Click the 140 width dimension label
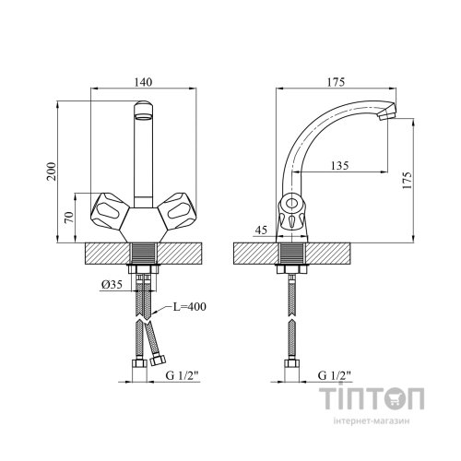(x=143, y=82)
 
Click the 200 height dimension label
(x=52, y=171)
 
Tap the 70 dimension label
(x=70, y=218)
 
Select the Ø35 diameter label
(x=112, y=285)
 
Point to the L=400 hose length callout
(x=189, y=306)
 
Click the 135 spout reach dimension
(x=340, y=166)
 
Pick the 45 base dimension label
(x=261, y=230)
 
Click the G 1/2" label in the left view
(x=183, y=375)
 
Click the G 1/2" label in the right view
(x=335, y=375)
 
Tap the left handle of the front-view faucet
(x=109, y=210)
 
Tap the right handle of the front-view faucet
(x=177, y=210)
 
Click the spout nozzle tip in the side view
(x=387, y=112)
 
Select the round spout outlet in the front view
(x=143, y=117)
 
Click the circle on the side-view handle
(x=291, y=204)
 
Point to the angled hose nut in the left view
(x=159, y=360)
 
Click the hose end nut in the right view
(x=291, y=363)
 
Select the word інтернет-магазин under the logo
(x=372, y=420)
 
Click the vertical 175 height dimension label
(x=407, y=181)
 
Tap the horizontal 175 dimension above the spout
(x=336, y=82)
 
